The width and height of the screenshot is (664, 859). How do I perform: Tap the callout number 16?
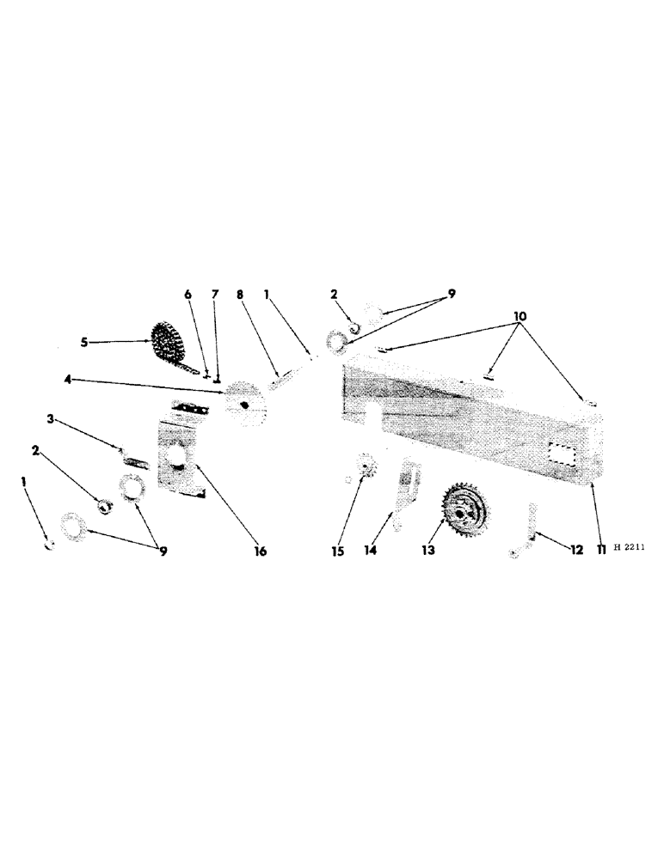tap(261, 551)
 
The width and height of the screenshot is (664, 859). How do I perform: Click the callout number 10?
tap(520, 317)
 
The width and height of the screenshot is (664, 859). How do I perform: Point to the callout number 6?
tap(188, 295)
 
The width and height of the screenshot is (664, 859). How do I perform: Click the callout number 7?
tap(215, 295)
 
